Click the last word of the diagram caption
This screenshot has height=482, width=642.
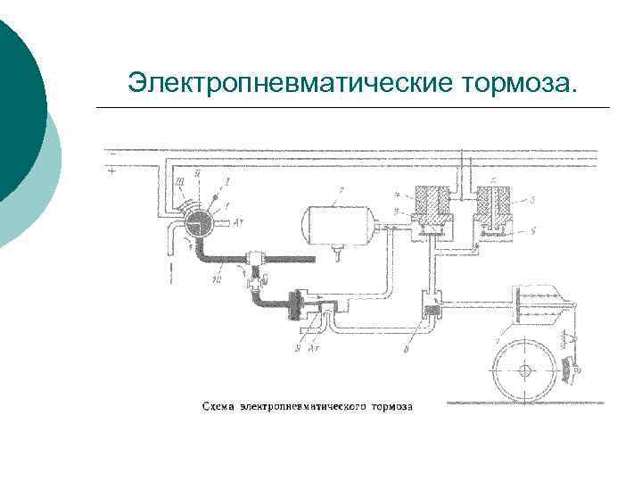pyautogui.click(x=393, y=407)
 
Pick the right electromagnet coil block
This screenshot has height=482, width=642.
pyautogui.click(x=493, y=208)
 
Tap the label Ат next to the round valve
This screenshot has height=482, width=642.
pyautogui.click(x=238, y=223)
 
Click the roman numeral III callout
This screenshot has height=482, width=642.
pyautogui.click(x=181, y=181)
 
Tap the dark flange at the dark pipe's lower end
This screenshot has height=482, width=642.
pyautogui.click(x=295, y=304)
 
